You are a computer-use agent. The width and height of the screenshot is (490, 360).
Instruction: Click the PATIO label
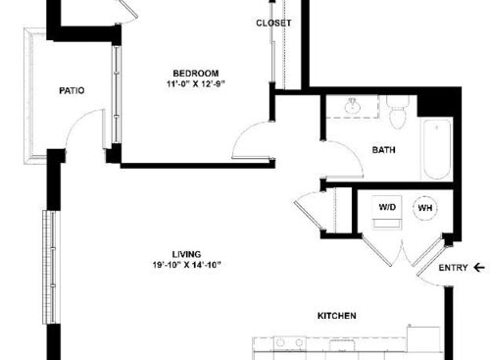click(72, 90)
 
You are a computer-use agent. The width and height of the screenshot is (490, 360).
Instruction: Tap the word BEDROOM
click(195, 73)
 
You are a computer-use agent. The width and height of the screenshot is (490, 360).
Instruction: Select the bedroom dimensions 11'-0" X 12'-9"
click(195, 84)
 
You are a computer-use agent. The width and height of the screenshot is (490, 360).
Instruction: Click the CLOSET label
click(272, 23)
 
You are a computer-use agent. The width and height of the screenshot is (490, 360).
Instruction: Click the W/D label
click(387, 207)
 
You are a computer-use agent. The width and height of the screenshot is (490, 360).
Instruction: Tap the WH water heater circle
click(426, 208)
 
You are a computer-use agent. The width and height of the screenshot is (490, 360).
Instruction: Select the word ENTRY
click(453, 267)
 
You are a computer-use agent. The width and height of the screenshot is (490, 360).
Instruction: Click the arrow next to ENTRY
click(478, 267)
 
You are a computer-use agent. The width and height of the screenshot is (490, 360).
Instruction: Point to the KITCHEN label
click(335, 316)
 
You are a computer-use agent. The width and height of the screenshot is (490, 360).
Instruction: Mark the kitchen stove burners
click(286, 343)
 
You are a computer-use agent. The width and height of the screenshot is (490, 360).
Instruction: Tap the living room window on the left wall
click(46, 265)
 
